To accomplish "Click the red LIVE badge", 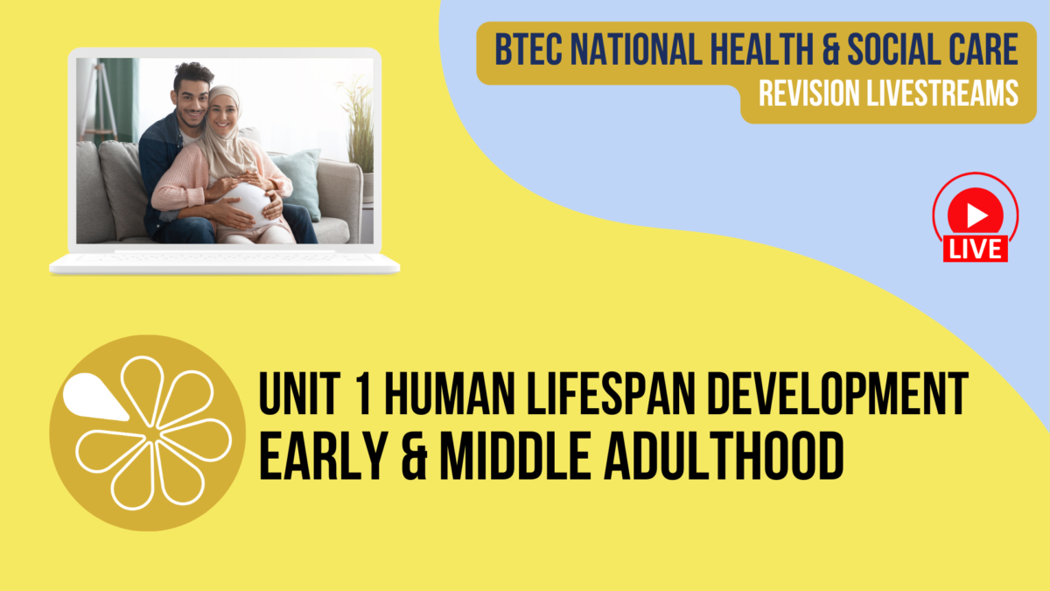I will click(x=976, y=249).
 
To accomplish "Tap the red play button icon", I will click(x=976, y=214).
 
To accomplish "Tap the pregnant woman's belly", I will click(x=250, y=204).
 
